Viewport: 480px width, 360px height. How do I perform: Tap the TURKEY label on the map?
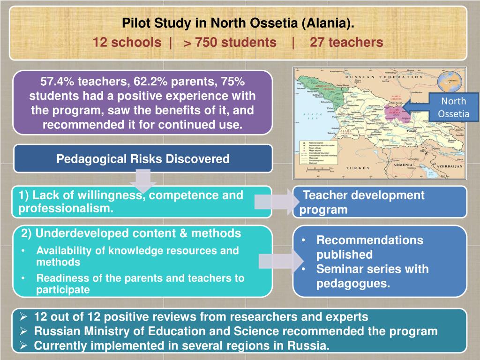coord(359,168)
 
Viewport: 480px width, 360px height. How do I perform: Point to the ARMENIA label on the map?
coord(402,165)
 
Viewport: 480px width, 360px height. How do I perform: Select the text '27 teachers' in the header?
coord(346,43)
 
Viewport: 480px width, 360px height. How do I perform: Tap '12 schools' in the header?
coord(127,43)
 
